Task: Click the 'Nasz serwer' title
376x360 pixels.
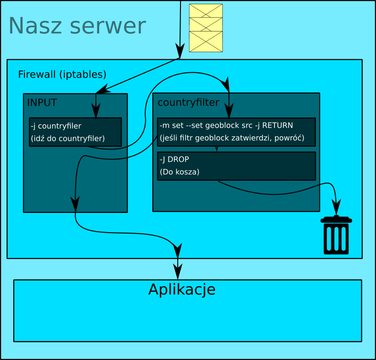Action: [x=77, y=26]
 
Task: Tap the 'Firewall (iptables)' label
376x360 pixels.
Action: [x=62, y=74]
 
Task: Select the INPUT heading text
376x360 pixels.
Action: [x=42, y=102]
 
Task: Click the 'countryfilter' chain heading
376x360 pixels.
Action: [x=188, y=102]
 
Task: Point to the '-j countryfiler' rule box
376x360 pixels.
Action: [x=75, y=132]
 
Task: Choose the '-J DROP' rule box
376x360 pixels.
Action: [x=236, y=166]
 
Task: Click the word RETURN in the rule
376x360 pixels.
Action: [x=277, y=125]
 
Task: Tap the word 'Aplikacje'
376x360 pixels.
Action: [x=182, y=290]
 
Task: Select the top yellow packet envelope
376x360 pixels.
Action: [x=205, y=11]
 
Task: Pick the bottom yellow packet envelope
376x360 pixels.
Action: [x=205, y=41]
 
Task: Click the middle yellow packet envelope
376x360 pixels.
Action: [x=205, y=24]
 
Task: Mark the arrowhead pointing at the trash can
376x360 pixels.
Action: [x=337, y=206]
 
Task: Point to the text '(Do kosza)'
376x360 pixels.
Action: [x=180, y=172]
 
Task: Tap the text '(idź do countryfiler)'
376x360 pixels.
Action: [x=68, y=139]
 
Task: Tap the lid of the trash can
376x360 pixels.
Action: [x=336, y=219]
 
